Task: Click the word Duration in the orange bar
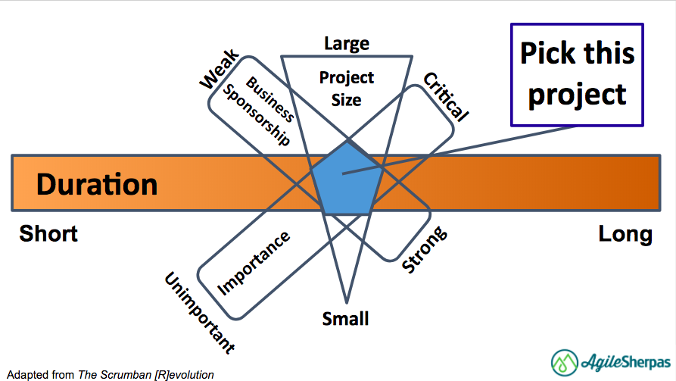click(96, 184)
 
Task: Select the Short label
click(48, 233)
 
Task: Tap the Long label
click(625, 234)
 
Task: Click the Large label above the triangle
click(347, 43)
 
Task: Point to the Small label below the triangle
click(346, 318)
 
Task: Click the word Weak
click(219, 69)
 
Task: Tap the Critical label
click(446, 96)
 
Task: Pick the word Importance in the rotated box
click(254, 262)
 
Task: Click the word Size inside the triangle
click(347, 99)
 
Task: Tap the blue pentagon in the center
click(347, 180)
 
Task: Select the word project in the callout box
click(578, 94)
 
